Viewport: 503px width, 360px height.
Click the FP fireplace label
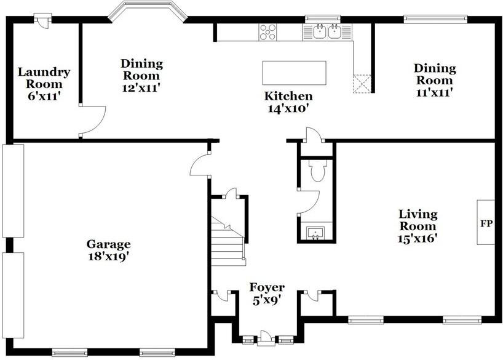point(486,223)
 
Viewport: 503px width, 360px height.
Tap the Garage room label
point(108,244)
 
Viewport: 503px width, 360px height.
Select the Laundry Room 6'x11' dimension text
point(44,96)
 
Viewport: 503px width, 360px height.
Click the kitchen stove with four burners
point(267,33)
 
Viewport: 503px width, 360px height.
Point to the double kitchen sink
point(327,32)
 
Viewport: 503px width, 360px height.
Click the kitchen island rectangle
point(294,73)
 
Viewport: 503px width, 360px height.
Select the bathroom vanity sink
point(315,233)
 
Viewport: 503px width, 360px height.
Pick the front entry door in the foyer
point(266,338)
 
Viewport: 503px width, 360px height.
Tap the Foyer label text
point(267,287)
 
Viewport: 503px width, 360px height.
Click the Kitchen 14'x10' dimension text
point(288,109)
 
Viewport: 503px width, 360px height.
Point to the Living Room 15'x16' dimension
point(418,238)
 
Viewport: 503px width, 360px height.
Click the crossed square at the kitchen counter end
point(362,84)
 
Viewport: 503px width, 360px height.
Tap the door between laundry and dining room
point(92,121)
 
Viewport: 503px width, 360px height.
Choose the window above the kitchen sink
point(322,18)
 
